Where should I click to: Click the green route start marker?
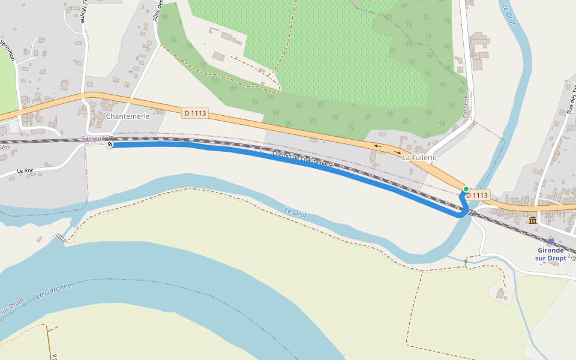466,189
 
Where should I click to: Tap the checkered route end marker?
110,144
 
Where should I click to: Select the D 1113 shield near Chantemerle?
195,113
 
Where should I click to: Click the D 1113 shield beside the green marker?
477,195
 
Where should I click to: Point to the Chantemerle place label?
127,116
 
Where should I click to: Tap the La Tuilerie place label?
419,157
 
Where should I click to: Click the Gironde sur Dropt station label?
551,254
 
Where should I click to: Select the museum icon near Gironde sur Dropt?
532,220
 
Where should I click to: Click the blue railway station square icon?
551,241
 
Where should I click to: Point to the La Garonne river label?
53,290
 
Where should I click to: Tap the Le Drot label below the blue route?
296,212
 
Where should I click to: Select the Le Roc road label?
25,170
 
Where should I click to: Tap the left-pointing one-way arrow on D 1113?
377,146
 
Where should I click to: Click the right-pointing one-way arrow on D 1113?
398,152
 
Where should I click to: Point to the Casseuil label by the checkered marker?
93,138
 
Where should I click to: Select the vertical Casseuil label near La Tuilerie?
465,106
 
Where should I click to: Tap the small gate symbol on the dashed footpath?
466,262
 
